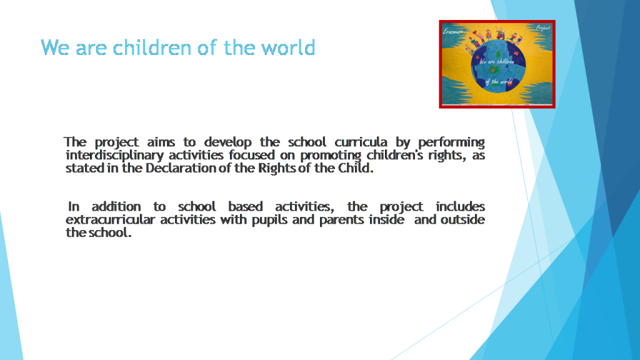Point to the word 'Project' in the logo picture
tap(542, 28)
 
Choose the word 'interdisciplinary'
tap(107, 156)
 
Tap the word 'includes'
tap(460, 207)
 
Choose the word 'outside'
tap(462, 220)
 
